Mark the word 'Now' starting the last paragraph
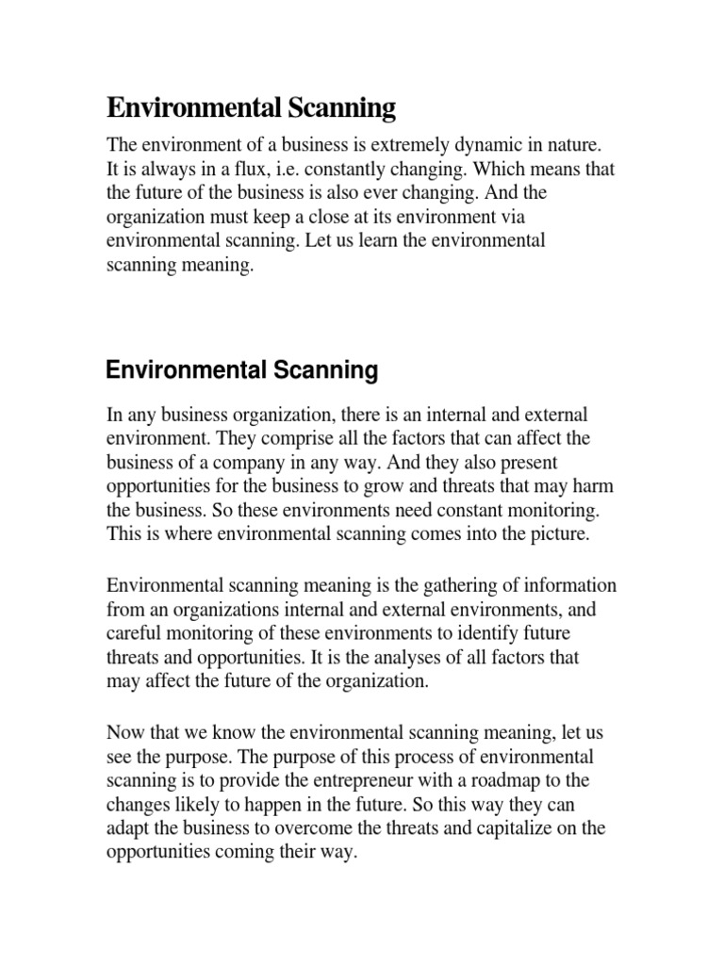click(123, 736)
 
